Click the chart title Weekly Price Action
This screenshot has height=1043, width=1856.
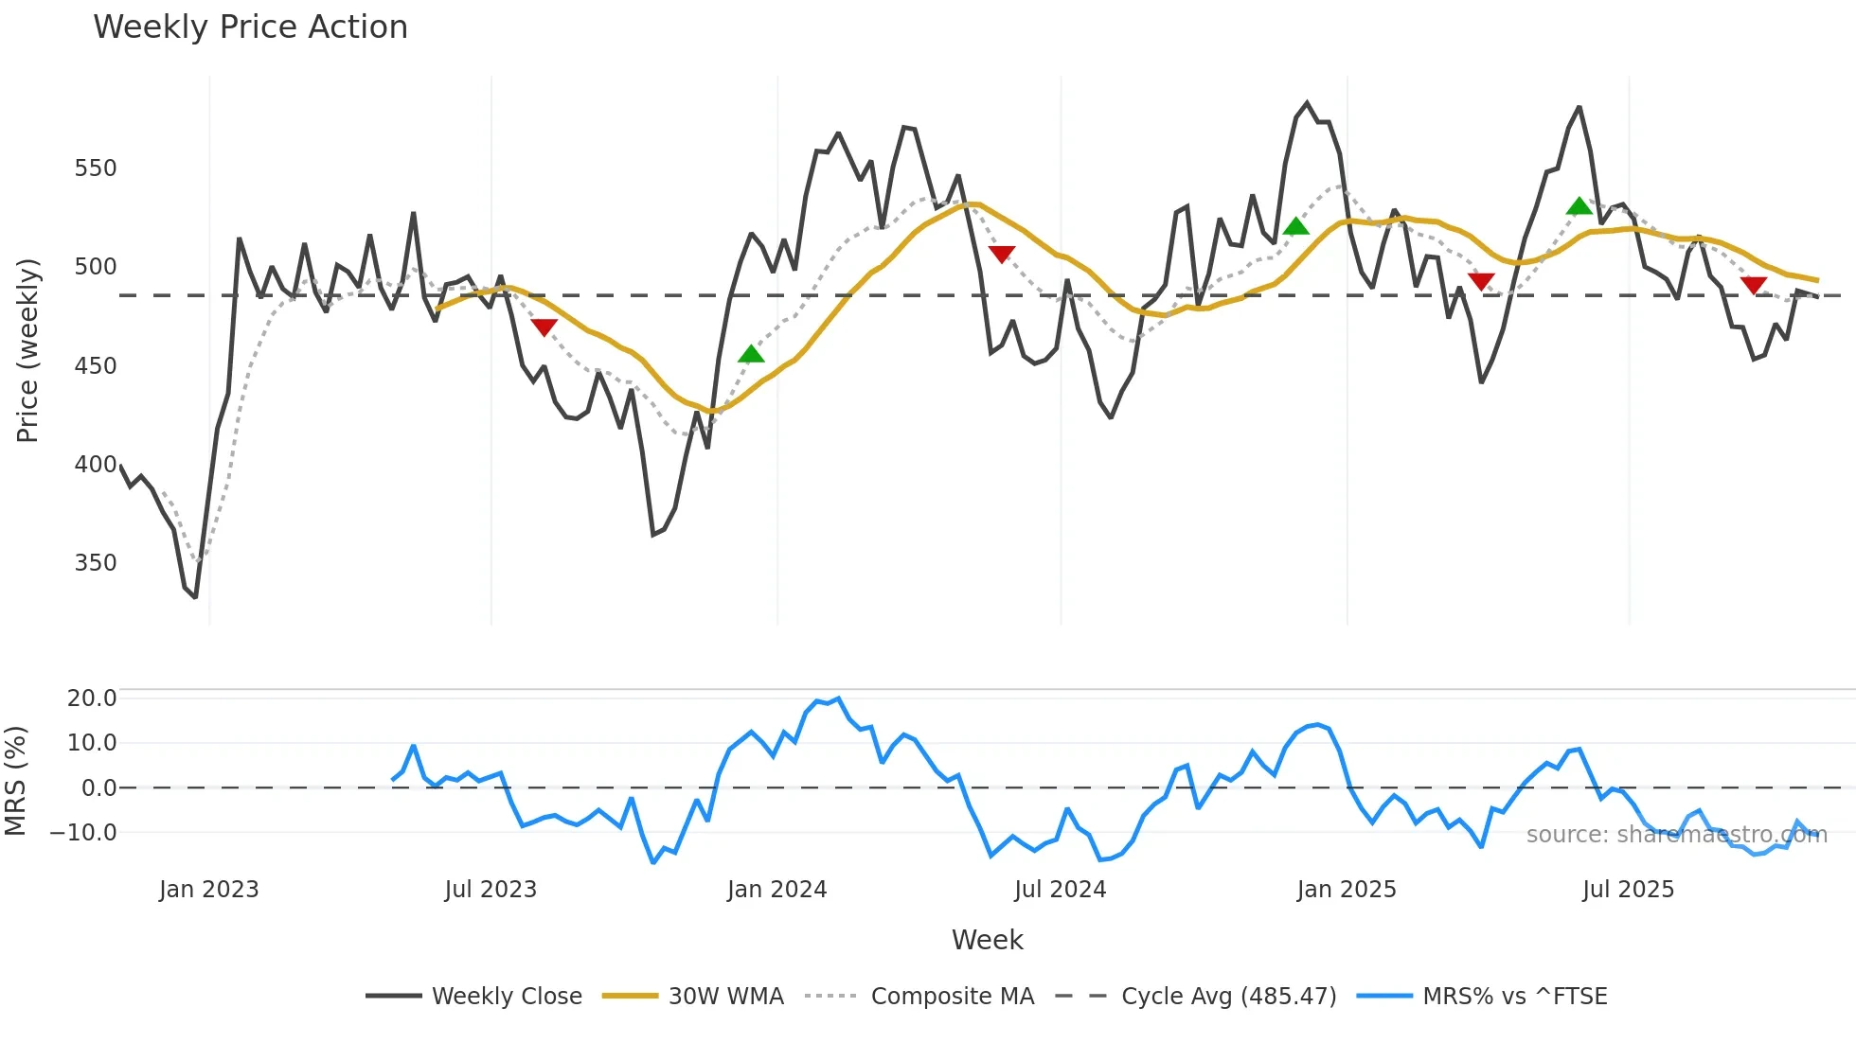click(x=250, y=27)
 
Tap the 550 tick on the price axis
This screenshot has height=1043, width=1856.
click(x=95, y=168)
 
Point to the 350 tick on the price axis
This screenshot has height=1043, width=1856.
click(x=95, y=563)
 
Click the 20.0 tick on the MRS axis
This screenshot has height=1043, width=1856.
click(x=92, y=698)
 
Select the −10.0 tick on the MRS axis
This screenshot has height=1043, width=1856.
click(x=83, y=833)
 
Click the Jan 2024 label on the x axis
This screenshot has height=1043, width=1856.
click(x=776, y=890)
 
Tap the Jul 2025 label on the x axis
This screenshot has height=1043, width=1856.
click(x=1628, y=890)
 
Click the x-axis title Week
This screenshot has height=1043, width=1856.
click(x=987, y=940)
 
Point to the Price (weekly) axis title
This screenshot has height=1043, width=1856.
click(x=27, y=350)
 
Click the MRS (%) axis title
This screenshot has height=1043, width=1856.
click(x=15, y=781)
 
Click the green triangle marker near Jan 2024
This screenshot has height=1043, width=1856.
click(x=751, y=355)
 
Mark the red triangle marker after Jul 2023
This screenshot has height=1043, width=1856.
click(x=544, y=327)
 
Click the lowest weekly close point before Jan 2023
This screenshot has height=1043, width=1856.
click(x=195, y=597)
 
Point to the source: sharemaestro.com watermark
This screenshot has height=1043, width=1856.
click(x=1676, y=835)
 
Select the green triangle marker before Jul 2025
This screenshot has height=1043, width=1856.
click(x=1579, y=206)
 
